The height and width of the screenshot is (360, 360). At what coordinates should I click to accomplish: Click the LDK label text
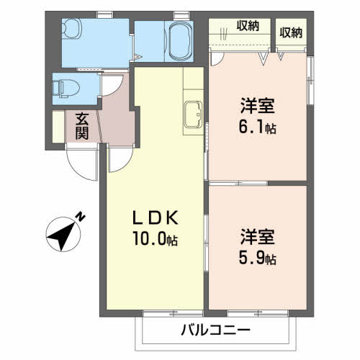pos(156,217)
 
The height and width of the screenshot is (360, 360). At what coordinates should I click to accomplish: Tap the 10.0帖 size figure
pos(155,239)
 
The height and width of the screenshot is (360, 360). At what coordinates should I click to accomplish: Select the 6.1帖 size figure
pos(257,127)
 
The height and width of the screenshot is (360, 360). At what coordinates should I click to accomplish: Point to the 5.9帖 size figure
pos(257,258)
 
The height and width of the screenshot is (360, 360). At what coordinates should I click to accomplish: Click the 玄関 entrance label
pos(82,126)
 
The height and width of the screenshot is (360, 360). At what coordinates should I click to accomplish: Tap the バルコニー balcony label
pos(215,330)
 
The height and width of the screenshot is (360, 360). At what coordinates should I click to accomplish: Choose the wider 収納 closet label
pos(248,26)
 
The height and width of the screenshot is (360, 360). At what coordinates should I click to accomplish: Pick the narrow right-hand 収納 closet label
pos(291,32)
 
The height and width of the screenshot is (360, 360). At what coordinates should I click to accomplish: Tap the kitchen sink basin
pos(193,114)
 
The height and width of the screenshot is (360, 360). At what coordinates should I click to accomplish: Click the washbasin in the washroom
pos(71,28)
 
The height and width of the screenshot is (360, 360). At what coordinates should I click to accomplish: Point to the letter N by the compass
pos(81,217)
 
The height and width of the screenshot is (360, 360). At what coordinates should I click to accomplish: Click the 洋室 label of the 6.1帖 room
pos(257,106)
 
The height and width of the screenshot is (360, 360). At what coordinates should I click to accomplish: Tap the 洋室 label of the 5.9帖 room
pos(257,237)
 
